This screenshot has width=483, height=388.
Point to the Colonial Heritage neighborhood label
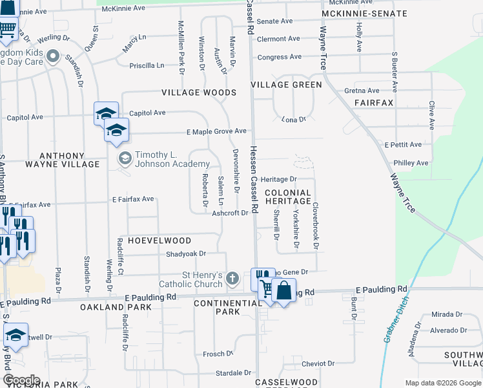pos(287,197)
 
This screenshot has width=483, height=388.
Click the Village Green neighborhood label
pos(286,85)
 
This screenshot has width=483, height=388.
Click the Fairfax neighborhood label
pos(374,103)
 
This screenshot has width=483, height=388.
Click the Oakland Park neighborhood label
pos(116,307)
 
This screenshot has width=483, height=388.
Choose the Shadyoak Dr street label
pos(185,254)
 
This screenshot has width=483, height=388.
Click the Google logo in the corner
pos(22,380)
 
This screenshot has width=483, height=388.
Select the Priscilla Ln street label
pos(147,65)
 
